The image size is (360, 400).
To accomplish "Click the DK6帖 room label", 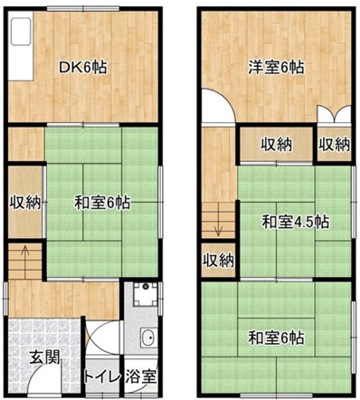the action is tap(82, 67).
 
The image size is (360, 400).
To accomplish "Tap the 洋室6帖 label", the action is tap(276, 67).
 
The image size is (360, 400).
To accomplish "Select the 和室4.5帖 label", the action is tap(295, 223).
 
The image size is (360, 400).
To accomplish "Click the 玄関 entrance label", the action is tap(45, 357).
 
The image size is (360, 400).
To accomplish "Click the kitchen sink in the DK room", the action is tap(21, 32).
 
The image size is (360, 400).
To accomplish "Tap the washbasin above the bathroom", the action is tap(148, 338).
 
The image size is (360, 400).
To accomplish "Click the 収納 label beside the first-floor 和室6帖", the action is tap(25, 202).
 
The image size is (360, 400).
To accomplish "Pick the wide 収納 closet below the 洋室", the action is tap(277, 145).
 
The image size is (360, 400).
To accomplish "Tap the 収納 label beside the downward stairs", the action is tap(218, 260).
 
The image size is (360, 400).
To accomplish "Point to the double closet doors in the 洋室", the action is tap(335, 115).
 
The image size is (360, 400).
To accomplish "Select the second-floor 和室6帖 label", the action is tap(276, 338).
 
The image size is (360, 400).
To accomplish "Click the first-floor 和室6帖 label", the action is tap(102, 203).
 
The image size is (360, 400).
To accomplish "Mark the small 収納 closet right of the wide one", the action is tap(335, 145).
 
